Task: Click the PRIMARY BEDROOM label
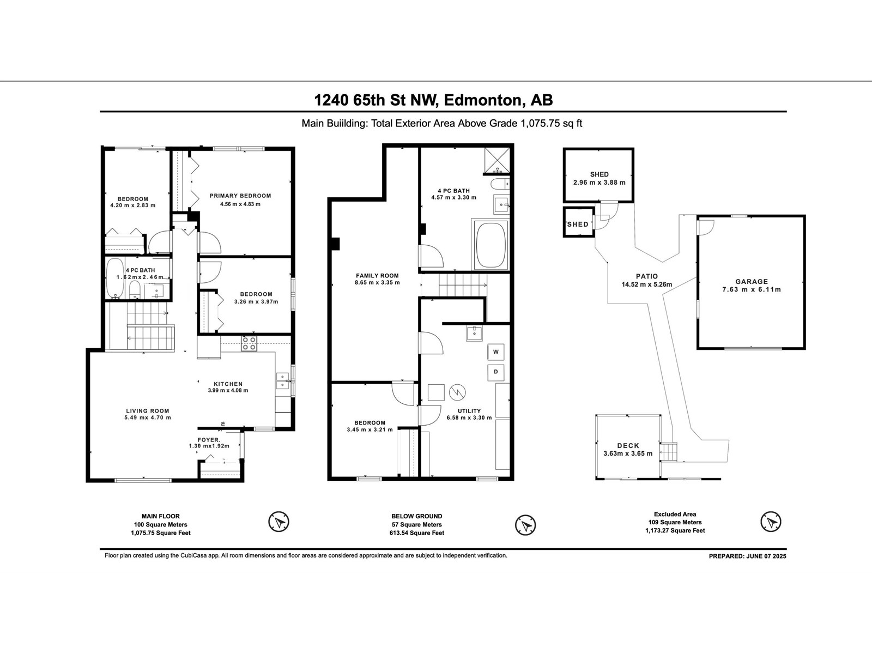(x=240, y=196)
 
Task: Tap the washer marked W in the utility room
(x=496, y=352)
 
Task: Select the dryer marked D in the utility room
(x=496, y=372)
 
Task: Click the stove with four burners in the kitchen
(x=249, y=343)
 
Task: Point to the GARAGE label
(x=752, y=282)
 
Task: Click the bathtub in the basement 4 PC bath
(x=491, y=244)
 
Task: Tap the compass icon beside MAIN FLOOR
(x=278, y=522)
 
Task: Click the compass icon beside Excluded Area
(x=771, y=522)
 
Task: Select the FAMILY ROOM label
(x=377, y=276)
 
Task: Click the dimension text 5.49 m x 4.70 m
(x=148, y=417)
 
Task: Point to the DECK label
(x=628, y=446)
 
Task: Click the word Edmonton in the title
(x=483, y=100)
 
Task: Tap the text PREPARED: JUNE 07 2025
(x=747, y=556)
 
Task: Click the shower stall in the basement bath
(x=496, y=160)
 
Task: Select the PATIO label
(x=647, y=276)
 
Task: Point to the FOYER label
(x=209, y=440)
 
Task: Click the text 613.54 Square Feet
(x=417, y=533)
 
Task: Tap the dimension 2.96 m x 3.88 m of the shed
(x=599, y=183)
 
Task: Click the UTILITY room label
(x=469, y=411)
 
